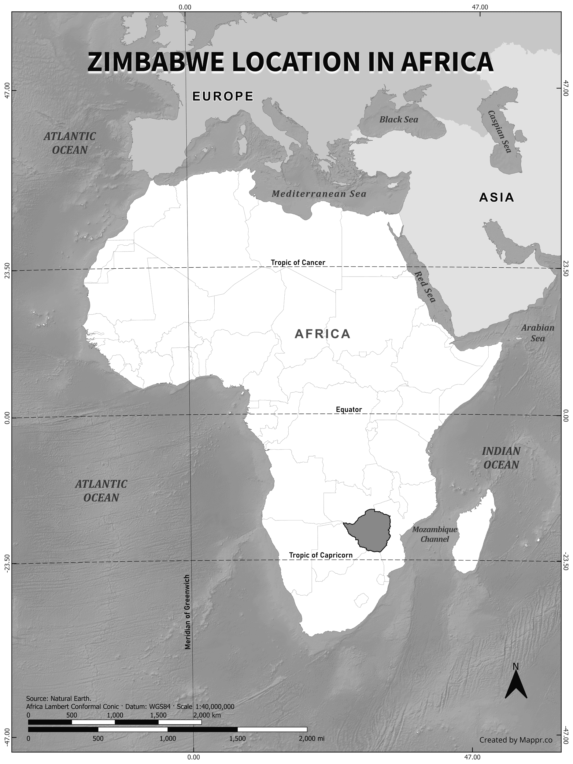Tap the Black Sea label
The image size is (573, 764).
coord(398,119)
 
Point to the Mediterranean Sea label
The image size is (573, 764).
coord(319,194)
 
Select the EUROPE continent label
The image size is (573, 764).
coord(223,96)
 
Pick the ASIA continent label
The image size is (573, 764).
coord(497,197)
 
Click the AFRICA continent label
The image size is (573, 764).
coord(323,334)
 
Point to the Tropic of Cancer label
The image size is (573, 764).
coord(298,263)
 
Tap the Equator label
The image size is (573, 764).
coord(349,410)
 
